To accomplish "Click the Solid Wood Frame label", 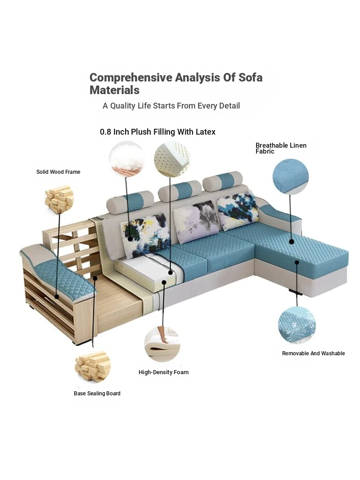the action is [58, 172].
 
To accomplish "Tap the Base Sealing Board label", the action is [97, 394].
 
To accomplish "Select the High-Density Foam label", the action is [163, 372].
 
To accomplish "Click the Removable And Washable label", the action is [313, 353].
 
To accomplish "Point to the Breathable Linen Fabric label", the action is [281, 148].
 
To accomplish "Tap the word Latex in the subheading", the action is [206, 132].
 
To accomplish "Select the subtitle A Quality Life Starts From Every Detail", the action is [171, 106].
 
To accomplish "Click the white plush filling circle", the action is [126, 159].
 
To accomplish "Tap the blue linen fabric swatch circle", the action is [290, 177].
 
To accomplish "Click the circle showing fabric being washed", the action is [297, 325].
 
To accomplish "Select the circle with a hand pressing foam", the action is [162, 344].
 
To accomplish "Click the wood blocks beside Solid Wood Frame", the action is [59, 199].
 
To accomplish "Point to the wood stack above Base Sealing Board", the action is [93, 367].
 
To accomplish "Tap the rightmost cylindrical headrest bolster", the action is [223, 181].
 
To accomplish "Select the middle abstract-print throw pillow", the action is [196, 221].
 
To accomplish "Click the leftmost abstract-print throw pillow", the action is [146, 235].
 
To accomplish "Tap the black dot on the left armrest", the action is [57, 296].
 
